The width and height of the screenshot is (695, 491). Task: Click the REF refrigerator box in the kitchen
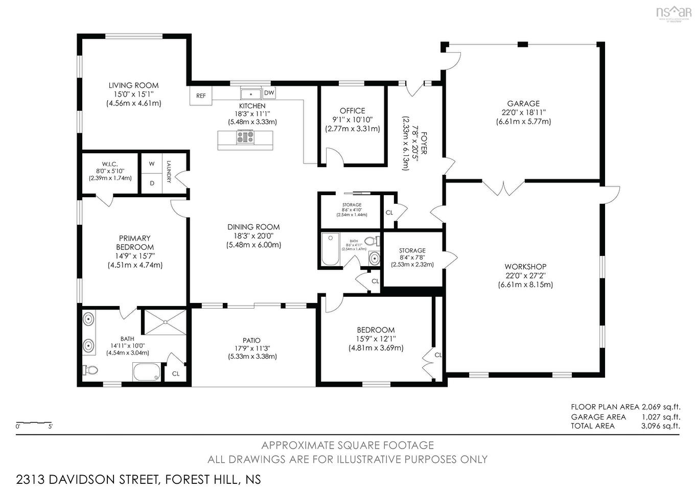tap(201, 96)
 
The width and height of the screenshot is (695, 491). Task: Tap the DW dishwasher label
tap(269, 93)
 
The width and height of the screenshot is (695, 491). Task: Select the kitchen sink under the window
tap(251, 93)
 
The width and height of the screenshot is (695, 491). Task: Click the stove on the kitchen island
tap(245, 137)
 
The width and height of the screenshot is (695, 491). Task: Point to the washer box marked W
tap(152, 164)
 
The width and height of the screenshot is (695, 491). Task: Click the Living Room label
tap(133, 85)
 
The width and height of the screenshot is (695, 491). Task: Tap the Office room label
tap(352, 110)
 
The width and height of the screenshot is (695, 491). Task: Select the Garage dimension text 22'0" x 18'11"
tap(523, 112)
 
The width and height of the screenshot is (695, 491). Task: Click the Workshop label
tap(525, 267)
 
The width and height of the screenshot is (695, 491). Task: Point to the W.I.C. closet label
tap(110, 164)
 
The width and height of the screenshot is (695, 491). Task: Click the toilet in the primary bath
tap(91, 370)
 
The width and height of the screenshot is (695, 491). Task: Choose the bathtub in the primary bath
tap(147, 372)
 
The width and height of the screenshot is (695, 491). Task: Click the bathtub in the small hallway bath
tap(331, 249)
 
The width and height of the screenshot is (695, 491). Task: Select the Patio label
tap(251, 340)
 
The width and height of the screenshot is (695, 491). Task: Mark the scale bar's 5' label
tap(50, 426)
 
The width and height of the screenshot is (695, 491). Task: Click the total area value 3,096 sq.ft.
tap(660, 426)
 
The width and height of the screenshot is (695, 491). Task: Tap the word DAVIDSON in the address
tap(92, 480)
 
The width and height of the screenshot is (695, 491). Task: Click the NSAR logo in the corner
tap(673, 12)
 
